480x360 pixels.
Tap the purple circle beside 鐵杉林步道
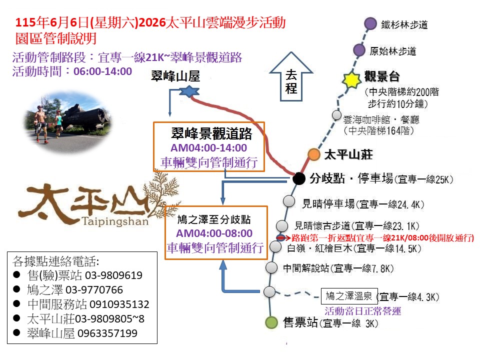click(x=370, y=23)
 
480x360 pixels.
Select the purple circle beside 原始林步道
click(x=359, y=50)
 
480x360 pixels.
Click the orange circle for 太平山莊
click(x=313, y=154)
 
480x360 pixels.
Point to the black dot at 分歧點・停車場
click(x=298, y=177)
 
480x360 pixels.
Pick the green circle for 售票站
click(x=271, y=322)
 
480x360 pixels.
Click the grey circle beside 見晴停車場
click(x=289, y=201)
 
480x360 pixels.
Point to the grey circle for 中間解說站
click(x=271, y=267)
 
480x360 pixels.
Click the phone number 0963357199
click(x=107, y=333)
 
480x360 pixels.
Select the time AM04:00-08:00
click(x=214, y=233)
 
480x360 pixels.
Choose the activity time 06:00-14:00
click(x=102, y=71)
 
